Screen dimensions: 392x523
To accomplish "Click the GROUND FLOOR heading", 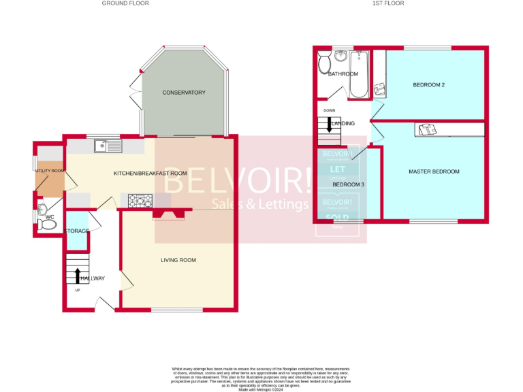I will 125,3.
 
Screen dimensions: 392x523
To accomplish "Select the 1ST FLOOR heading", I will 388,3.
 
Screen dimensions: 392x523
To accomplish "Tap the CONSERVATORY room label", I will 184,93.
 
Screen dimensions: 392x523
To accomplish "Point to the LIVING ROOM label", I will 178,260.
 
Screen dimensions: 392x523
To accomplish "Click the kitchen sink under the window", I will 108,145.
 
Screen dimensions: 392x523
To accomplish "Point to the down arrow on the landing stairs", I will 329,125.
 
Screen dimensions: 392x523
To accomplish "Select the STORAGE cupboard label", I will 77,231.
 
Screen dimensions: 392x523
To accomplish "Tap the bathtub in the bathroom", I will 358,75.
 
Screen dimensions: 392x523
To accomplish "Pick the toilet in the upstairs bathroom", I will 326,63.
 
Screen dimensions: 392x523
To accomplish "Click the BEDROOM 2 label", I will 429,85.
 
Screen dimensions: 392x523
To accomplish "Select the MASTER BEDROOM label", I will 434,171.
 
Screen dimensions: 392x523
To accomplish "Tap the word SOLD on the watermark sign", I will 338,218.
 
